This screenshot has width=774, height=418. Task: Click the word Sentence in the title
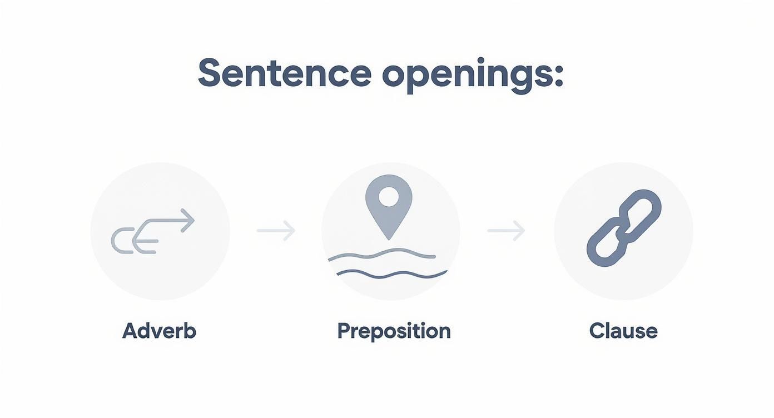(x=284, y=74)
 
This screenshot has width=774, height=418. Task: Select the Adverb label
(x=159, y=331)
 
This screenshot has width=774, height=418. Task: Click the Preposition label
(x=394, y=331)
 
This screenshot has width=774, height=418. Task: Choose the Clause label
(x=623, y=331)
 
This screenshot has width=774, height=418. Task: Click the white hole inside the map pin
(x=389, y=195)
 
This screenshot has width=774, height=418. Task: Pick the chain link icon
(x=624, y=228)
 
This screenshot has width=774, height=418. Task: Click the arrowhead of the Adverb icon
(x=188, y=220)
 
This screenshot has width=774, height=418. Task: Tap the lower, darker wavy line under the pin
(x=392, y=273)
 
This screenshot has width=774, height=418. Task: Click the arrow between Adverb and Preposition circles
(x=276, y=230)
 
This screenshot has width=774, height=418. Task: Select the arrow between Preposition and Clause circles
(x=506, y=230)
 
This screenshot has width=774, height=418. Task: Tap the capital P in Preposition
(x=343, y=331)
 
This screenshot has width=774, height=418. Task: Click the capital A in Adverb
(x=130, y=331)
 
